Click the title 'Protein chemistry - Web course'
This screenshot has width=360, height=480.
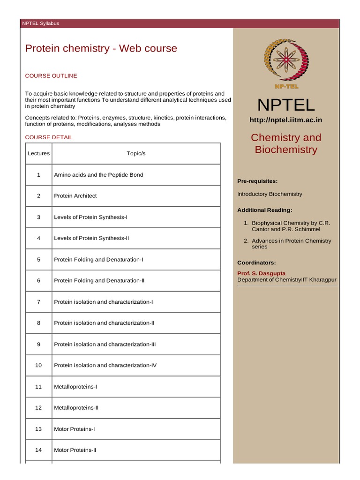101,48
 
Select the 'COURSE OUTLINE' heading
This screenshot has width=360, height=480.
51,75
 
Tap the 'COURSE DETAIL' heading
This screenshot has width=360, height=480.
49,137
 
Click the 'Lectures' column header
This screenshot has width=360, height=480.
38,153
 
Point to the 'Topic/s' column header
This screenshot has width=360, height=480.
136,153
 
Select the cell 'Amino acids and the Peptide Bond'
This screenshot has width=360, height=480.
98,175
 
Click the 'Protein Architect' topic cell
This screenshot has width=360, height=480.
75,196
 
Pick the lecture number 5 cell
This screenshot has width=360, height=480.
38,259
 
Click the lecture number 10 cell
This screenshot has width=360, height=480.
38,365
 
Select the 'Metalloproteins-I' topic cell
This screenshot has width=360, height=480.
75,387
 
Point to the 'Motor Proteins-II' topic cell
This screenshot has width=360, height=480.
75,450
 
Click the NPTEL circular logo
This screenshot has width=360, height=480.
285,60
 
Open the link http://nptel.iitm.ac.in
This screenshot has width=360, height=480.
285,120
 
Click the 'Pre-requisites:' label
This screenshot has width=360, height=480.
257,181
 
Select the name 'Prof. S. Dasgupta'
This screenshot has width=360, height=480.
261,273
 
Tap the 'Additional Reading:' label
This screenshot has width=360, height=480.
265,210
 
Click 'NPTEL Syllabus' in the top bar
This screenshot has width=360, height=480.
41,23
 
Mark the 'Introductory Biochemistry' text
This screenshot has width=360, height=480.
270,194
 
